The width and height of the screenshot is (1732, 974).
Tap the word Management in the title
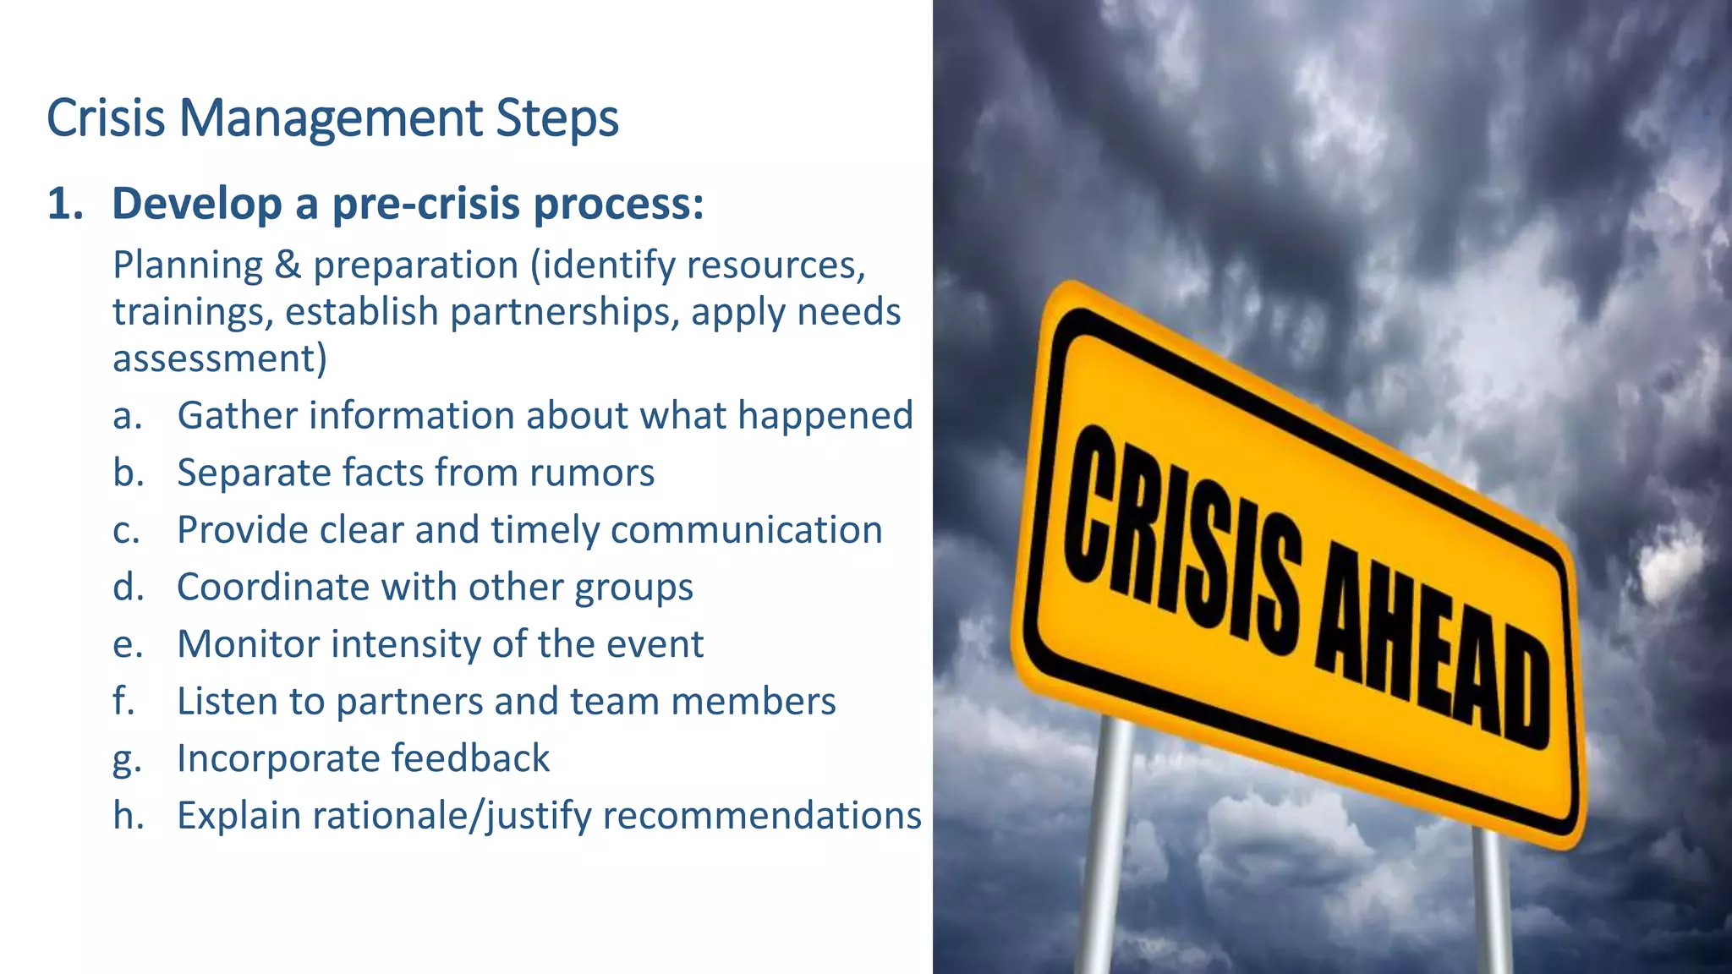331,118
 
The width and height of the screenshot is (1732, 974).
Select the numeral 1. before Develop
65,205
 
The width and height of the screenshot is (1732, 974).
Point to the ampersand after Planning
288,265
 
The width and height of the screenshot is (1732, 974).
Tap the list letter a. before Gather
128,416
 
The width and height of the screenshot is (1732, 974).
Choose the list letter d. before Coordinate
129,587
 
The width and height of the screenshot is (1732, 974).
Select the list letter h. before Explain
129,816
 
